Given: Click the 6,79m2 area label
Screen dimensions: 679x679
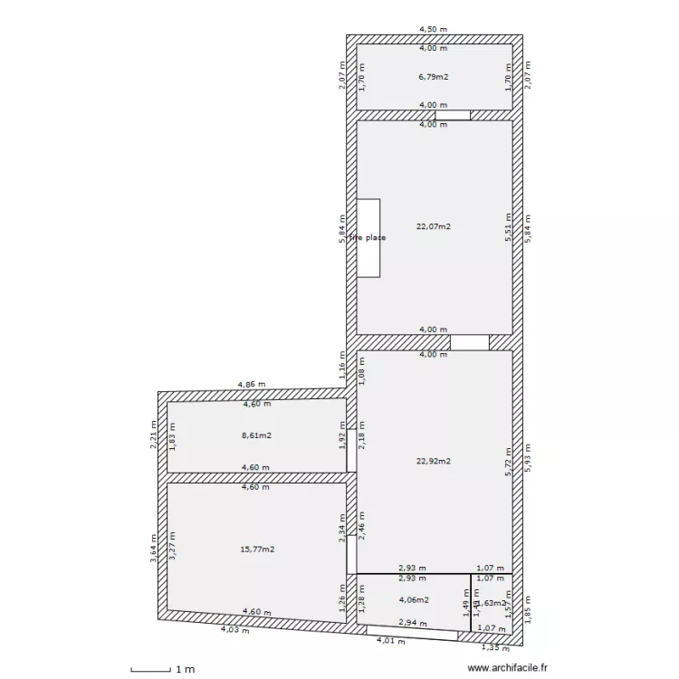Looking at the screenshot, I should click(x=434, y=77).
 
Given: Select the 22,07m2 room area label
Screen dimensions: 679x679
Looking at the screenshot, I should click(x=434, y=226).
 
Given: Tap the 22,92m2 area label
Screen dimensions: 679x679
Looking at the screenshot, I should click(x=434, y=461).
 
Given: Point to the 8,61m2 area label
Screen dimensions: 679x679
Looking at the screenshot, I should click(x=257, y=435).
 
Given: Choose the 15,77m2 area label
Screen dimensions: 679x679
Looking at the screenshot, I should click(x=257, y=549).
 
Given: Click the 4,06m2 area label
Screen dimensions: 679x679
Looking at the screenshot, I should click(x=413, y=599).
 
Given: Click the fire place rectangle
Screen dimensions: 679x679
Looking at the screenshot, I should click(x=368, y=237).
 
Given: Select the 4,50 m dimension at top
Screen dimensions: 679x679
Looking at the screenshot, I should click(x=433, y=29).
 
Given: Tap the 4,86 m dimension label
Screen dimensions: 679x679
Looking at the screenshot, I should click(x=253, y=385).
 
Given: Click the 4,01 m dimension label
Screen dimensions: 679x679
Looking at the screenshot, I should click(x=392, y=641).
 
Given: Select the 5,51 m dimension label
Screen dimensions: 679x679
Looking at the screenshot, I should click(x=509, y=228).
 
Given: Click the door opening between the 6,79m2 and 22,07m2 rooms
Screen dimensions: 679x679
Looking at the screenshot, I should click(x=453, y=115).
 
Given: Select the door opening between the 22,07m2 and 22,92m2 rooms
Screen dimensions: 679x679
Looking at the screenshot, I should click(x=470, y=343).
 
